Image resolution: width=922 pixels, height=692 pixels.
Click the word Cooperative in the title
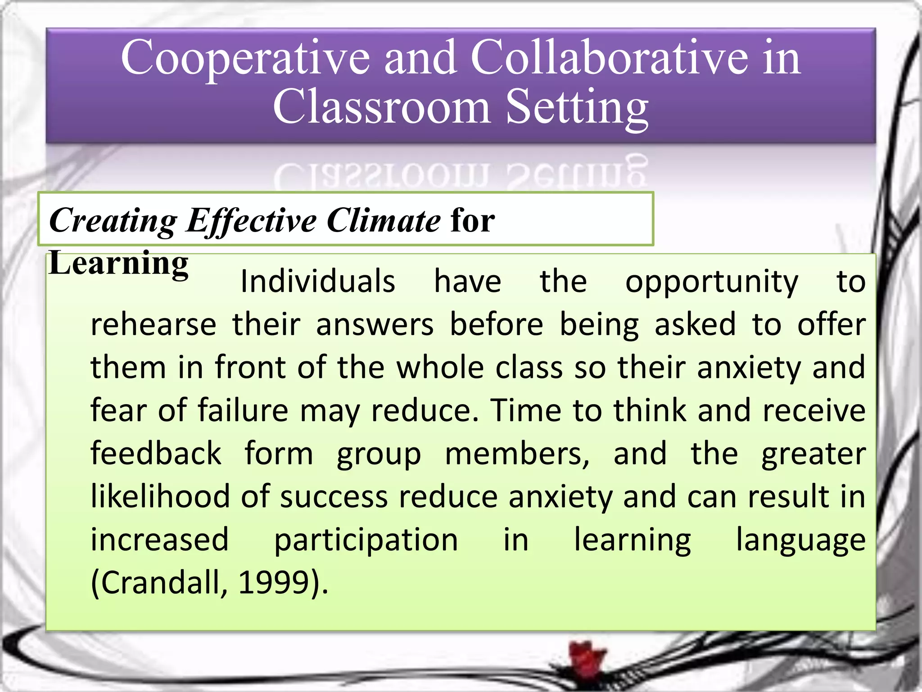[x=245, y=59]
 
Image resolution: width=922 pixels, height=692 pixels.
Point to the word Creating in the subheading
[x=113, y=221]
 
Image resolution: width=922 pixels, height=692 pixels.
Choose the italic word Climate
[x=383, y=221]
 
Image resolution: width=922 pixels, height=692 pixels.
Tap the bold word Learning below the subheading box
[x=118, y=263]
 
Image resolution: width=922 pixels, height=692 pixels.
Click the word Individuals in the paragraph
[x=318, y=281]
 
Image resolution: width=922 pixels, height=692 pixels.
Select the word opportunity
[x=712, y=282]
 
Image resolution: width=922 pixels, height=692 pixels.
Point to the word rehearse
[x=154, y=324]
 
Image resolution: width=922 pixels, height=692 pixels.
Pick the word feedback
[x=156, y=453]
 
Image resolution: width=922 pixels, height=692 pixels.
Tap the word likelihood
[x=160, y=496]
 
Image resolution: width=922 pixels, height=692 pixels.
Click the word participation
[x=366, y=540]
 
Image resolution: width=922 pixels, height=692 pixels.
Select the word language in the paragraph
[x=800, y=540]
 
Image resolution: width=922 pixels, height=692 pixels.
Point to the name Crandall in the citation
[x=159, y=583]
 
